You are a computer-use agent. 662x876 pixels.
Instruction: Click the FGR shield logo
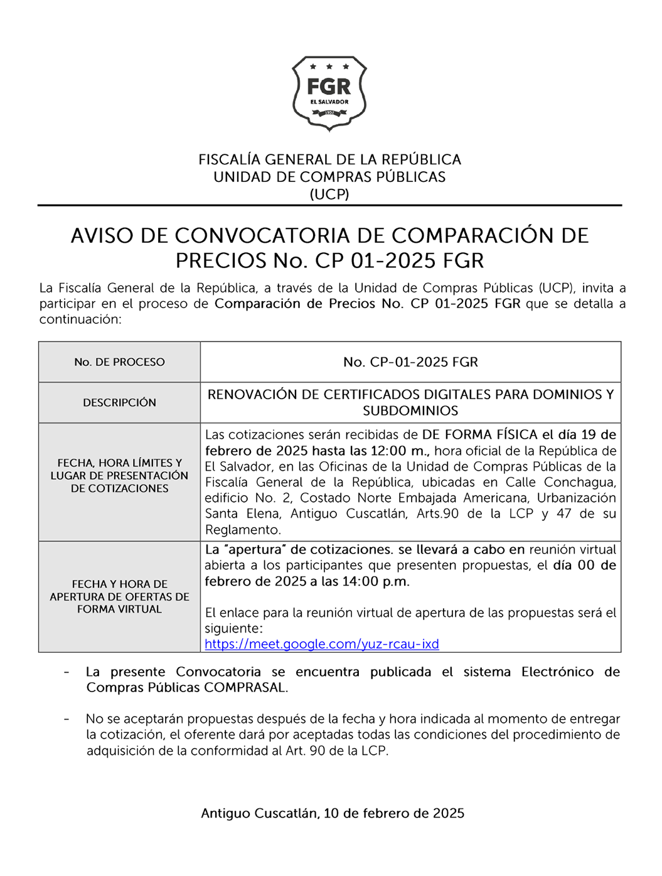click(x=329, y=93)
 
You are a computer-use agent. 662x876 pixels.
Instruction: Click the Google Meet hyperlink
click(x=321, y=644)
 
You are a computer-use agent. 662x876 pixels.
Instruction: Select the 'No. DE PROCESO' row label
click(x=119, y=362)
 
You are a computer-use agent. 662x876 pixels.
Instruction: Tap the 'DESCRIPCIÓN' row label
click(x=119, y=402)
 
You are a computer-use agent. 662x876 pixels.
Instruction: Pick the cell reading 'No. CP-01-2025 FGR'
click(x=410, y=362)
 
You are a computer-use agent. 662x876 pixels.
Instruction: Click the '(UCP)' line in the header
click(x=329, y=194)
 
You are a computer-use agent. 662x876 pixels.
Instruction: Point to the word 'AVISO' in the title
click(x=102, y=236)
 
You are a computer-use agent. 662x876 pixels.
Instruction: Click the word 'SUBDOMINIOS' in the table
click(x=410, y=411)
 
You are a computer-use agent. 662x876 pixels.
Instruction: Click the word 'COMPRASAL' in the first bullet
click(x=245, y=687)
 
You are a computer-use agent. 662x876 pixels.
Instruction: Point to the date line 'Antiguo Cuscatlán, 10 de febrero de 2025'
click(x=333, y=813)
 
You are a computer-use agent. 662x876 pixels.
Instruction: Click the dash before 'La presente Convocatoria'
click(x=67, y=672)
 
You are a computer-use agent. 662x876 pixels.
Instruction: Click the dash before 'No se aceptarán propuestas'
click(x=67, y=719)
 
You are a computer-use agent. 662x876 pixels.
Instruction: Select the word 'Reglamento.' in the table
click(x=243, y=530)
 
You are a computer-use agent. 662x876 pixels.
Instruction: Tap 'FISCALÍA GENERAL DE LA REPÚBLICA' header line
click(x=329, y=159)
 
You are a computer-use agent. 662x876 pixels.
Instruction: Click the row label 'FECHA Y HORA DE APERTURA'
click(x=119, y=596)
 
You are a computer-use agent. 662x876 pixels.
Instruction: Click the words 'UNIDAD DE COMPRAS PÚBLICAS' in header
click(x=329, y=177)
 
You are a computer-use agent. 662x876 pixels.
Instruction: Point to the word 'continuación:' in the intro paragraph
click(x=80, y=319)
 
